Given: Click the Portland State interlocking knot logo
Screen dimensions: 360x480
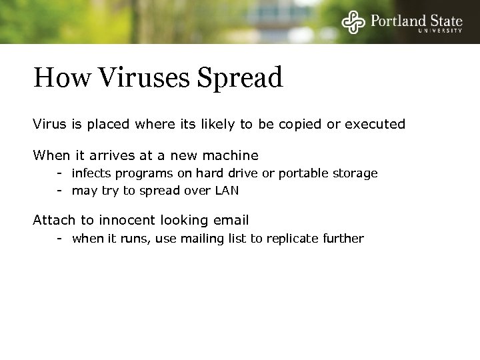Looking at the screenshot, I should tap(354, 22).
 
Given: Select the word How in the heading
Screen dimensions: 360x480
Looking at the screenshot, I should tap(61, 78).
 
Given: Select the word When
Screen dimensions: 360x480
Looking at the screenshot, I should tap(51, 155).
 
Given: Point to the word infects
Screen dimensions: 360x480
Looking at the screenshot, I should tap(91, 173).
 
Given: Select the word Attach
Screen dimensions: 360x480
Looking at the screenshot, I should tap(53, 220).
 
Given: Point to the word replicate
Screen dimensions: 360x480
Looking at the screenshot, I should tap(291, 239).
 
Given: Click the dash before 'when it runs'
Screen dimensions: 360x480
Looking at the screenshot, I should tap(59, 238).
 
